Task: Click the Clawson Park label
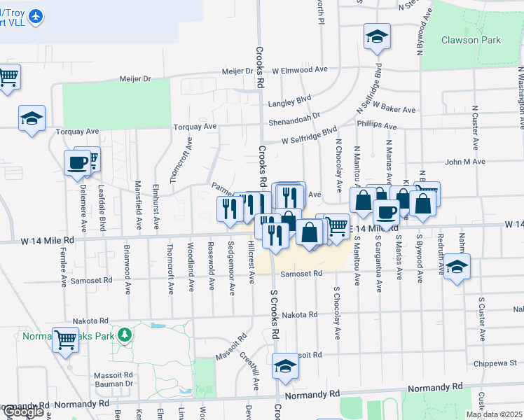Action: tap(471, 40)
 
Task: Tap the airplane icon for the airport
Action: tap(36, 15)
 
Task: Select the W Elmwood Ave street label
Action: tap(300, 70)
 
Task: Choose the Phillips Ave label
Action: tap(376, 127)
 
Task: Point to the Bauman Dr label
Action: tap(115, 383)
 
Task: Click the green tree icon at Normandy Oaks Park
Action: tap(125, 335)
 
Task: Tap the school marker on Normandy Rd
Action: tap(285, 367)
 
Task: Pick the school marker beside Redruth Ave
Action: tap(456, 267)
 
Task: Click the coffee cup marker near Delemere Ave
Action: tap(77, 164)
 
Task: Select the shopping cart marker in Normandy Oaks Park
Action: tap(66, 341)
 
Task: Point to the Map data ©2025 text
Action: tap(494, 414)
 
